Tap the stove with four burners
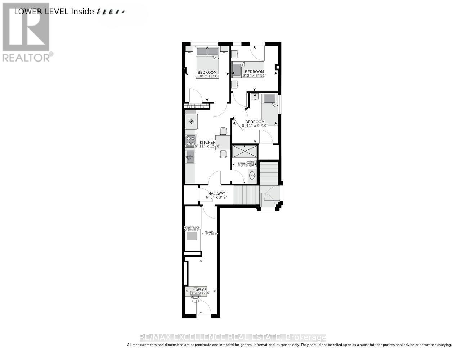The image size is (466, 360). coord(191,141)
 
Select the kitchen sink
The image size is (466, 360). coord(190,157)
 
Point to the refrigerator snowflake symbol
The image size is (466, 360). coord(191,121)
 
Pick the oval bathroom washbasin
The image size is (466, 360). coord(252,176)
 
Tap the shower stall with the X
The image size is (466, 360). coord(245,151)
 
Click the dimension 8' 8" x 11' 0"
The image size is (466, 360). coord(207,76)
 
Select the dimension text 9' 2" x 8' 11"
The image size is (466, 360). coord(255,76)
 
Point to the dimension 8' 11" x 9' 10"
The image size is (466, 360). coord(255,126)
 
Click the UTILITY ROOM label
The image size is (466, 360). coord(192,228)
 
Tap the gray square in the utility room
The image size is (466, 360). coord(192,236)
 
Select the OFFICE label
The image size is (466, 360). coord(201,289)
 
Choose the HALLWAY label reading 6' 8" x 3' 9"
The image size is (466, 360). coord(216,195)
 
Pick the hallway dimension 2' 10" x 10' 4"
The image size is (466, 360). coord(210,234)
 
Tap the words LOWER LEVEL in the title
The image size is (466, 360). coord(41,11)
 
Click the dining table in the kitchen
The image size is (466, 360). coord(223,142)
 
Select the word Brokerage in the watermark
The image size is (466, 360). coord(305,337)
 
